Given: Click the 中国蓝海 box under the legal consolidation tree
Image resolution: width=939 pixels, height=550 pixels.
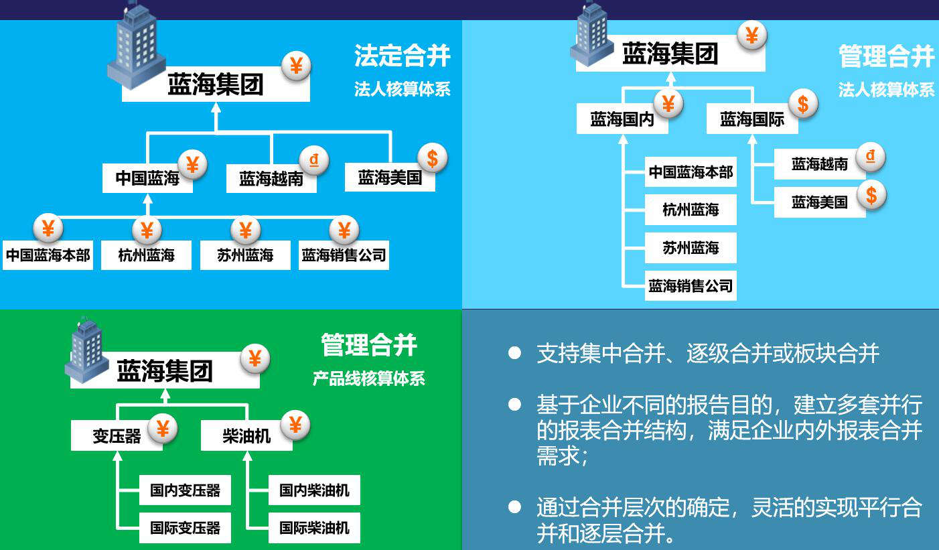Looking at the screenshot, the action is [x=147, y=178].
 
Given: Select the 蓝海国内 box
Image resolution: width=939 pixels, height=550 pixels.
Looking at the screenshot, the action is [x=622, y=119].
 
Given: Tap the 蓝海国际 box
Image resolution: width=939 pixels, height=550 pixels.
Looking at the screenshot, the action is [x=752, y=119].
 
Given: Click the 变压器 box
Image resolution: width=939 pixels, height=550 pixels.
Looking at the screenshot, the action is [x=117, y=435].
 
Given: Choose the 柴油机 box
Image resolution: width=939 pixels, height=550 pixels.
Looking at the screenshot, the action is [x=246, y=435].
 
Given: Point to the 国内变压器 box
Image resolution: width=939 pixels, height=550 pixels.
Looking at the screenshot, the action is [x=185, y=490].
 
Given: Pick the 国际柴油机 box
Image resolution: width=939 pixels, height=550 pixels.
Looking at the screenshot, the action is [x=314, y=528].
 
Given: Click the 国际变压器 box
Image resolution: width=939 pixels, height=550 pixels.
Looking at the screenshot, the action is [x=185, y=528].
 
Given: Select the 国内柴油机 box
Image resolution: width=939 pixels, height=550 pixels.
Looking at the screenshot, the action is [x=314, y=490].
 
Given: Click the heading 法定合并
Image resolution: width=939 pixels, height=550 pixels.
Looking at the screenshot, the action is [x=403, y=56].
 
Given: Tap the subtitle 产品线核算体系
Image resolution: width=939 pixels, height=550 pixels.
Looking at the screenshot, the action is [x=369, y=379].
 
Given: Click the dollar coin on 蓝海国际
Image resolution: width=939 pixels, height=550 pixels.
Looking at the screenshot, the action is [x=803, y=105].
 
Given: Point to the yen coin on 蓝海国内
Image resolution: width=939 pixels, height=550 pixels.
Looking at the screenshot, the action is [x=668, y=104].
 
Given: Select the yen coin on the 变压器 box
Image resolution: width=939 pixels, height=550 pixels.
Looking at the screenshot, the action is [x=163, y=429].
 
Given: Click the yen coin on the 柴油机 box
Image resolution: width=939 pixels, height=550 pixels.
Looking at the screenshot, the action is [x=295, y=425].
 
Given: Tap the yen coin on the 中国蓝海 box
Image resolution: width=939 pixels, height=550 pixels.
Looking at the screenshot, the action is [x=192, y=165].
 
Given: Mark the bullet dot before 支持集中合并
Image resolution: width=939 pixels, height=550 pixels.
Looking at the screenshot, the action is [x=514, y=353].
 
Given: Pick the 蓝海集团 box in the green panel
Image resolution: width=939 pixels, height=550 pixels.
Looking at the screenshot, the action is [x=165, y=370].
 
